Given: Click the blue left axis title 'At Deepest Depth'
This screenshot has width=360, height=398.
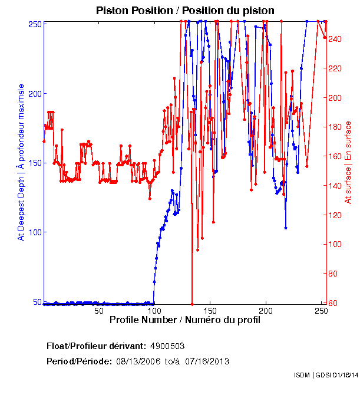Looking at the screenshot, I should pyautogui.click(x=21, y=162).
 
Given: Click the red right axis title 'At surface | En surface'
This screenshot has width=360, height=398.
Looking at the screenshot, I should pyautogui.click(x=348, y=162).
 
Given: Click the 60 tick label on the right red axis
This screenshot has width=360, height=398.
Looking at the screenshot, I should pyautogui.click(x=333, y=303).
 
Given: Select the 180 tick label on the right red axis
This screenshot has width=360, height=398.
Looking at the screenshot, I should pyautogui.click(x=335, y=127).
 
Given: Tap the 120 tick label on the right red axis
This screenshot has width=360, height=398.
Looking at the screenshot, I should pyautogui.click(x=335, y=215).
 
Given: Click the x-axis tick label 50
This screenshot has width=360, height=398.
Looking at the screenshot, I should pyautogui.click(x=98, y=311).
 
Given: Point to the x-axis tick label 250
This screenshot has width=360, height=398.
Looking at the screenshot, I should pyautogui.click(x=321, y=311).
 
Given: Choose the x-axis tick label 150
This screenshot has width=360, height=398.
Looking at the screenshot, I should pyautogui.click(x=210, y=311).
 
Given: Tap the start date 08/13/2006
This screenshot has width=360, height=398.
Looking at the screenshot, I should pyautogui.click(x=138, y=361).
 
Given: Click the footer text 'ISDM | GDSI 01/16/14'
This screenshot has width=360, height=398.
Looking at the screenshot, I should pyautogui.click(x=326, y=375).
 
